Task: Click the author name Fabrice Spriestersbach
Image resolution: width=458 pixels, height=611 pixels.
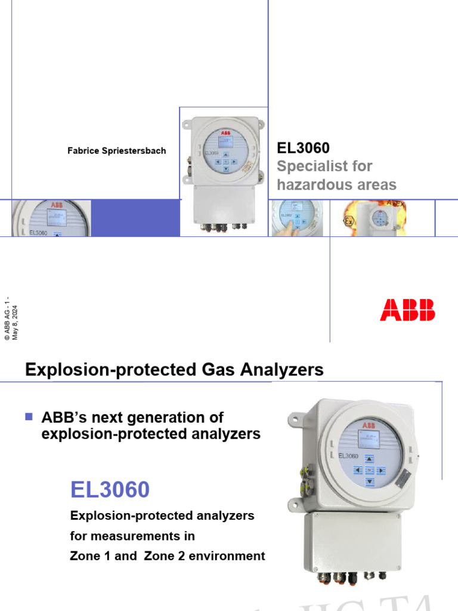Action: [116, 151]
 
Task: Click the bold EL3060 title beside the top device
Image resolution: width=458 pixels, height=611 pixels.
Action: [304, 147]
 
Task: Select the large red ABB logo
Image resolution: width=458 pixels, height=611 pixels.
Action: [408, 310]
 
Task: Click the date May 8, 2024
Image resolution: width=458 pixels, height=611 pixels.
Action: [15, 322]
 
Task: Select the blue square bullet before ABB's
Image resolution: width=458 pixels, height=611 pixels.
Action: [28, 416]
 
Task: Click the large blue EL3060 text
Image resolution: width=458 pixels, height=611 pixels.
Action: [110, 490]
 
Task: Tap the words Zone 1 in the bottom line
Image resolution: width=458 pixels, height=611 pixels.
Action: [88, 556]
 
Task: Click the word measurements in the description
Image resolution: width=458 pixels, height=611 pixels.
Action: [140, 535]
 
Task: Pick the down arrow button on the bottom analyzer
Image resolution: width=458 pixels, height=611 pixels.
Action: [369, 481]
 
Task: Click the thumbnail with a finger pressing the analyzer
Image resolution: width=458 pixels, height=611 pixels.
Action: [296, 218]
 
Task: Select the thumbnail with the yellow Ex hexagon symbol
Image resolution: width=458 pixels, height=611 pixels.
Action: [373, 218]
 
